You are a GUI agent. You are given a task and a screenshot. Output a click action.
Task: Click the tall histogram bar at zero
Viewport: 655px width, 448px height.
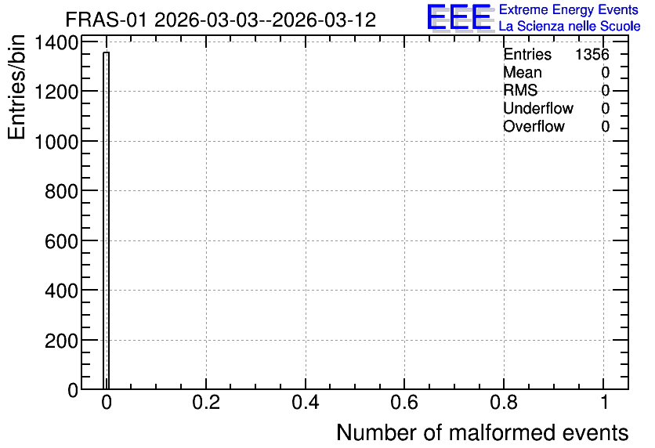click(106, 220)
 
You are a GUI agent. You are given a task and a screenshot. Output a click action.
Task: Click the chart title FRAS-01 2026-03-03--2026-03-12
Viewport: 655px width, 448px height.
click(221, 20)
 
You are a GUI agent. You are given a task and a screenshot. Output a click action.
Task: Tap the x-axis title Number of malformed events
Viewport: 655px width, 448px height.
click(482, 433)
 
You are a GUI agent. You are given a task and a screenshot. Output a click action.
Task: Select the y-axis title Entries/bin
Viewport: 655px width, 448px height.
click(16, 87)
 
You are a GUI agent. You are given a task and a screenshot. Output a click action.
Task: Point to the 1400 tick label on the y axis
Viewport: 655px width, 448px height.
click(56, 42)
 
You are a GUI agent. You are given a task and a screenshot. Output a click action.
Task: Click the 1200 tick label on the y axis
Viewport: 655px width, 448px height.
click(56, 92)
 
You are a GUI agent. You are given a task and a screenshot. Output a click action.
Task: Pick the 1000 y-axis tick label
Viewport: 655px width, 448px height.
click(56, 142)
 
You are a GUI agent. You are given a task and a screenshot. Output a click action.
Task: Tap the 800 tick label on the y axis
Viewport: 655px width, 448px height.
click(61, 191)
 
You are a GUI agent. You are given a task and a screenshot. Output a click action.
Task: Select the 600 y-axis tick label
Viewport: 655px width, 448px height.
click(61, 241)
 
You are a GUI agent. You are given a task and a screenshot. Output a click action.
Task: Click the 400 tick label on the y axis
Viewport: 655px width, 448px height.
click(61, 291)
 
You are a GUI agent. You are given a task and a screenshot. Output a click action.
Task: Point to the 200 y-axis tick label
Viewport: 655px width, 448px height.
click(61, 341)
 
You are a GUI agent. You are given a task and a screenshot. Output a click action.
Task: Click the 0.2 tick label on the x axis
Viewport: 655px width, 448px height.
click(206, 402)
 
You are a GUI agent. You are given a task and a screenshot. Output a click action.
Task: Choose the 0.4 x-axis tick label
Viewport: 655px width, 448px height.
click(306, 402)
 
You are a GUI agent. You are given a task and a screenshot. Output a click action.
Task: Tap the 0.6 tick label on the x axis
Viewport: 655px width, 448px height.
click(404, 402)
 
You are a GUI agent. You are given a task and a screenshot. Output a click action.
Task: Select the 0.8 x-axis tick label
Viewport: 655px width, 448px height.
click(504, 402)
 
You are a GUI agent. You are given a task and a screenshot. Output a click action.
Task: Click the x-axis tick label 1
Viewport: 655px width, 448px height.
click(604, 402)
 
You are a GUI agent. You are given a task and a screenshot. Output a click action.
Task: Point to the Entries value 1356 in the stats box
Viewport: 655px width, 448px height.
click(592, 54)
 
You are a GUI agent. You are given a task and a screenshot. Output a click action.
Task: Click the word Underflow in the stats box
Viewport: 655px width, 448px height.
click(538, 109)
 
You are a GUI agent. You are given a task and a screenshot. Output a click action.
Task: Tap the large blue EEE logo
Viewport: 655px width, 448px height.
click(459, 18)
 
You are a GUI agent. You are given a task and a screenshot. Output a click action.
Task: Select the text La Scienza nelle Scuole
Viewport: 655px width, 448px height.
click(570, 26)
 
